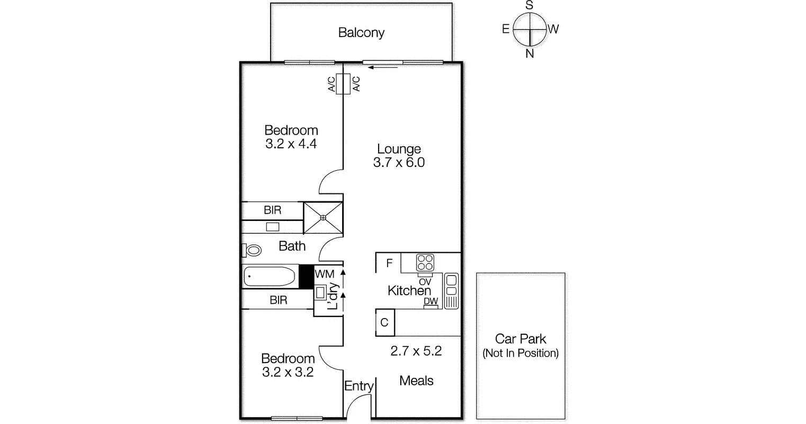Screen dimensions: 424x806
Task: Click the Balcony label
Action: pyautogui.click(x=361, y=33)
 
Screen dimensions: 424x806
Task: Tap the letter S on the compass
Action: pyautogui.click(x=529, y=5)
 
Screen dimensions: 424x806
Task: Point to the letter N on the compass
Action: pyautogui.click(x=530, y=54)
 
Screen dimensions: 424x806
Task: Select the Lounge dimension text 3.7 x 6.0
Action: pyautogui.click(x=399, y=163)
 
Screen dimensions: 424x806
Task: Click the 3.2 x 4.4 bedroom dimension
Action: pyautogui.click(x=291, y=144)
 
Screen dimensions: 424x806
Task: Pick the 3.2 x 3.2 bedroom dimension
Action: pyautogui.click(x=288, y=372)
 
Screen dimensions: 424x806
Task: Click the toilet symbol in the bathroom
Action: pyautogui.click(x=252, y=250)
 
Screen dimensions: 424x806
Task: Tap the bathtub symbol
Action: pyautogui.click(x=270, y=277)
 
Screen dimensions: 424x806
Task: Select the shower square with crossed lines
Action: pyautogui.click(x=323, y=217)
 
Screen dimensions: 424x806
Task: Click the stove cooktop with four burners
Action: pyautogui.click(x=425, y=262)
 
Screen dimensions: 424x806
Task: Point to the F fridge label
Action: pyautogui.click(x=389, y=263)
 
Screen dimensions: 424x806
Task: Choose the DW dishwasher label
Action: pyautogui.click(x=431, y=302)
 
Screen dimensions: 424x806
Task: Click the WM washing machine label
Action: pyautogui.click(x=324, y=274)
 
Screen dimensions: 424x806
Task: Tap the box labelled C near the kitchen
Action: pyautogui.click(x=384, y=322)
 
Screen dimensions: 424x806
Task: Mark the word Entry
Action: pyautogui.click(x=359, y=386)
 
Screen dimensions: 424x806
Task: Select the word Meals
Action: pyautogui.click(x=416, y=381)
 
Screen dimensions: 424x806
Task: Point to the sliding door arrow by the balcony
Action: pyautogui.click(x=383, y=67)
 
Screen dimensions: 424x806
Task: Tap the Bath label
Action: pyautogui.click(x=292, y=246)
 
